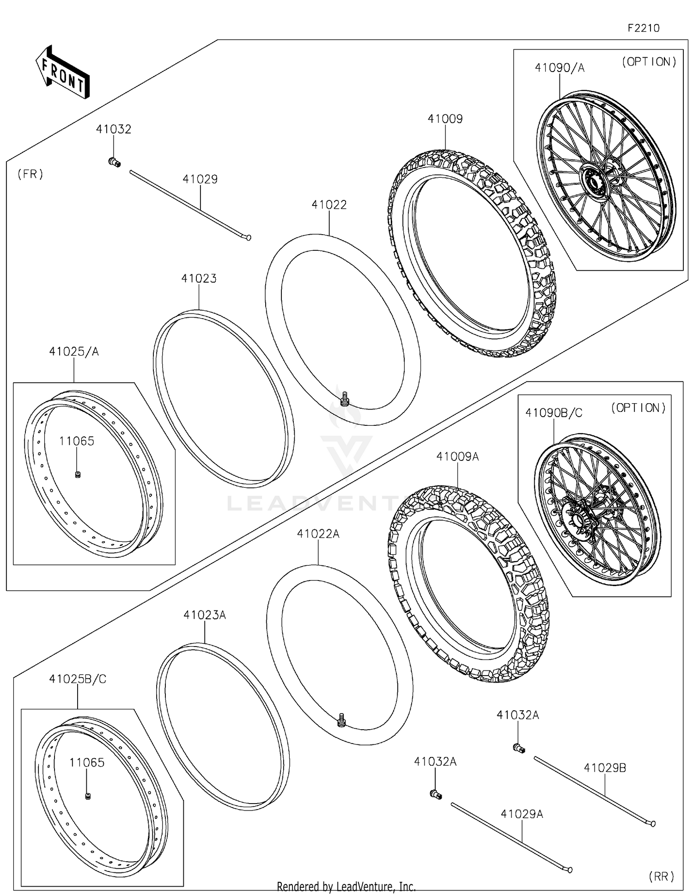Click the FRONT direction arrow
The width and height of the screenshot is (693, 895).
[62, 73]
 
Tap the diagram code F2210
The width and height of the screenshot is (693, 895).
[643, 28]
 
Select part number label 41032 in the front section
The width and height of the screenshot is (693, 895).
[113, 129]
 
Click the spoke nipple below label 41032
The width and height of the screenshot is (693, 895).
[114, 162]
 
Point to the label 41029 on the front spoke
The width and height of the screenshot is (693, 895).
[200, 179]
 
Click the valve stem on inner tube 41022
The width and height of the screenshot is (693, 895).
[344, 399]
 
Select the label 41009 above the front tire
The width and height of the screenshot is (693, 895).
[445, 119]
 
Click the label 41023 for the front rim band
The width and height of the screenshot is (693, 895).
[199, 278]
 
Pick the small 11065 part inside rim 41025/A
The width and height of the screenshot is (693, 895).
[78, 474]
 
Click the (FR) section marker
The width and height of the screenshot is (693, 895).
[30, 174]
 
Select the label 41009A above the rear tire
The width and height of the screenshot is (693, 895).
[457, 457]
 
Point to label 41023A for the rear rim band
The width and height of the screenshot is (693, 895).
[204, 615]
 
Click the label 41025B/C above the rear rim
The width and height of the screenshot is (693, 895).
[78, 679]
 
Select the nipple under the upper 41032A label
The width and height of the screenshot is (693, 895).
[519, 748]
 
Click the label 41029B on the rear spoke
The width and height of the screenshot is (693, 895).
[605, 768]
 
